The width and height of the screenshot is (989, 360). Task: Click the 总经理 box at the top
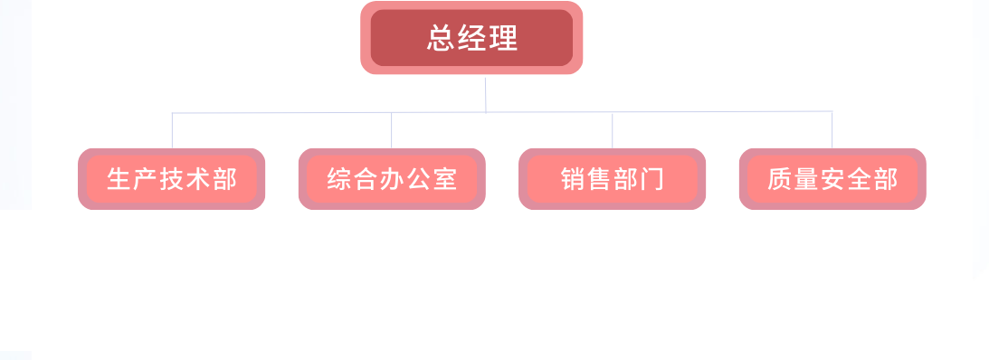pos(471,38)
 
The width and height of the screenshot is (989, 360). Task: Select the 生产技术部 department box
pos(171,179)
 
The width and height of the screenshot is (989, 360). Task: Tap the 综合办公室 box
pos(392,179)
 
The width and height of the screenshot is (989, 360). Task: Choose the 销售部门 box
pos(612,179)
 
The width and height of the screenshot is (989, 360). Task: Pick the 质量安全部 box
pos(832,179)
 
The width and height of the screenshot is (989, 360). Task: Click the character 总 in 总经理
pos(441,39)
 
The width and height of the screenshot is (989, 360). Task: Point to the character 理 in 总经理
pos(503,39)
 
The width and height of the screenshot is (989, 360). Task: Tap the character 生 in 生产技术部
pos(119,179)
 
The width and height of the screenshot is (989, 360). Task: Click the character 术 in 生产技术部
pos(198,179)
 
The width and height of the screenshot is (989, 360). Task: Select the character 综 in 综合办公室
pos(338,179)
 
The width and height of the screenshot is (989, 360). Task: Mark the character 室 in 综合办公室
pos(444,179)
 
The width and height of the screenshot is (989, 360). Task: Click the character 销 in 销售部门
pos(573,179)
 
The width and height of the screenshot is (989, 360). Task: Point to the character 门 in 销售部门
pos(652,179)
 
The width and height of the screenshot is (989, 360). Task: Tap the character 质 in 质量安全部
pos(779,179)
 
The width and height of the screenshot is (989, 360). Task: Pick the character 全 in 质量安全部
pos(859,179)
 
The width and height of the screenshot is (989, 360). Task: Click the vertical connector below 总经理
pos(486,94)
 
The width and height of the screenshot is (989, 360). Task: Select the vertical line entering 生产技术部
pos(172,130)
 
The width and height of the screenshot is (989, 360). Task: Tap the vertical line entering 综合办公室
pos(392,130)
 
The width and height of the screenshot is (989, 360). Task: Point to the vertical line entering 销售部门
pos(612,130)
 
